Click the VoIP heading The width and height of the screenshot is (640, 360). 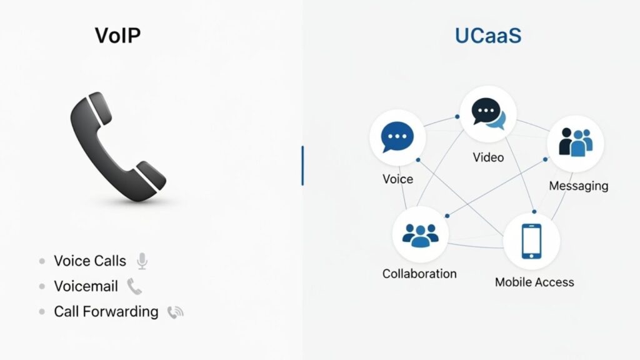click(117, 36)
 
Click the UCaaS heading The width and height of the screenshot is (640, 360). click(488, 36)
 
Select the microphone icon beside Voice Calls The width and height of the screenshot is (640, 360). click(142, 261)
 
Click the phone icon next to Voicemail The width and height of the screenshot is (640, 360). click(134, 287)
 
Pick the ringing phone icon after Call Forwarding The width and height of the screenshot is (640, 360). click(176, 312)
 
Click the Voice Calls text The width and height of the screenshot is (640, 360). click(90, 261)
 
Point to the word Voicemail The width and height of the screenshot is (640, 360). click(86, 287)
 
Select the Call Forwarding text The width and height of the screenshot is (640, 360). click(106, 311)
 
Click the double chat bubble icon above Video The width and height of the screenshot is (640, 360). click(488, 114)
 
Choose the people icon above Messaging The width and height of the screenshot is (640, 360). click(575, 143)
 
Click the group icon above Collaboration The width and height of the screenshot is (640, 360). click(420, 234)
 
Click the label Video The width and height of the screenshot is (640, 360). click(488, 157)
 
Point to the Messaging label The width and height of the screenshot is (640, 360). click(578, 186)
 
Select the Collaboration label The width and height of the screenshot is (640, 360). click(419, 274)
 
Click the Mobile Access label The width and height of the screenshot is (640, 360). click(534, 282)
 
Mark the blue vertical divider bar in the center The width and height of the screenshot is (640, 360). click(302, 166)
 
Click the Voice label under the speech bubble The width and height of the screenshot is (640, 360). click(397, 179)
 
